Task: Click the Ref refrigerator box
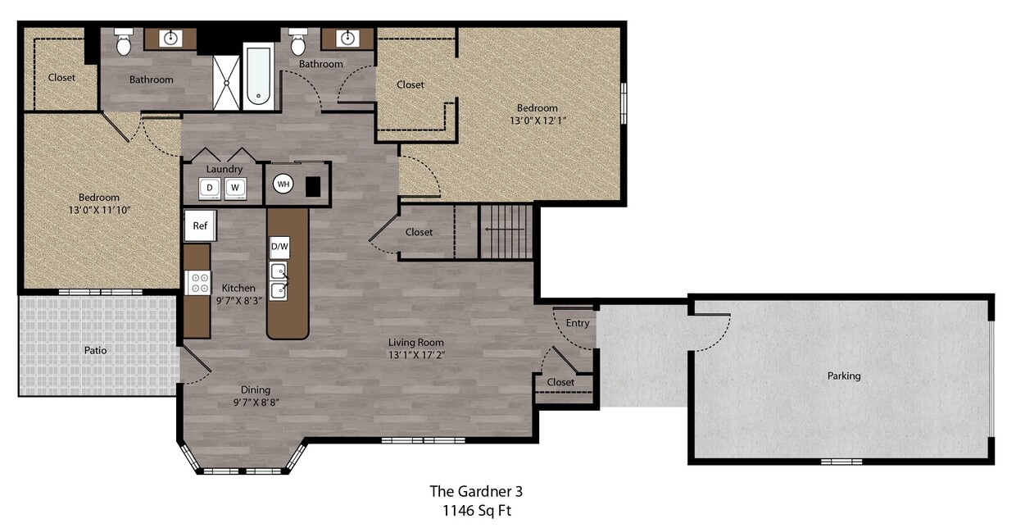[199, 225]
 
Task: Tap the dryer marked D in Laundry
[210, 188]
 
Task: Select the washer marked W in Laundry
[234, 188]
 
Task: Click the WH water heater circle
[283, 184]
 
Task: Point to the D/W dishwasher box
[279, 247]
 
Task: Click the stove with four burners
[199, 283]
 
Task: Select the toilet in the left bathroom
[124, 43]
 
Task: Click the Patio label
[95, 350]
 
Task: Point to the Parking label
[844, 376]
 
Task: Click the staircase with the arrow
[506, 231]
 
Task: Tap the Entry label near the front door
[578, 323]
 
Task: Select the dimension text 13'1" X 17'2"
[416, 355]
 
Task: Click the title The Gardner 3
[476, 491]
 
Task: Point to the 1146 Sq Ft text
[476, 510]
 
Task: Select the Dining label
[255, 389]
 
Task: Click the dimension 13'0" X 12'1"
[537, 121]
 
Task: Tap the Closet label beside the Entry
[560, 382]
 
